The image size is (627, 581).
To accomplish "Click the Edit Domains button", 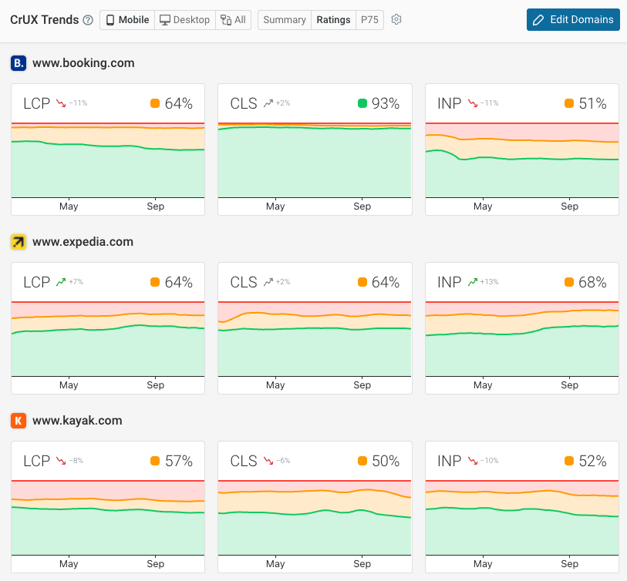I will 573,20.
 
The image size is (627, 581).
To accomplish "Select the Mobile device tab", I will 127,20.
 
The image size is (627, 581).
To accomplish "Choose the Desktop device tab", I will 184,20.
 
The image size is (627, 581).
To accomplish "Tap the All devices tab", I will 234,20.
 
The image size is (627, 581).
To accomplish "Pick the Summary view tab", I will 285,20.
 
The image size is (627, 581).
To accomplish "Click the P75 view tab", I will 370,20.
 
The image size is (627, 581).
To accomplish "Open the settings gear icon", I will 396,20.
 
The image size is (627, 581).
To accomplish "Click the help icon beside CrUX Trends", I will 88,20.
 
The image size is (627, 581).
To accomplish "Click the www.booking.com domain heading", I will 83,63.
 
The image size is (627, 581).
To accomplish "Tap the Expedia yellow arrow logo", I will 19,242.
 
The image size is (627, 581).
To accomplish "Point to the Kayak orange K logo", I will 19,421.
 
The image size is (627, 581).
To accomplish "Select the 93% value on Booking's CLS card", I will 386,103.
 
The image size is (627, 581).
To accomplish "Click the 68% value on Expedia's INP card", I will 592,282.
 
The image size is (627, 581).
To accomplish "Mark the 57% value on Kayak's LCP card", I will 178,461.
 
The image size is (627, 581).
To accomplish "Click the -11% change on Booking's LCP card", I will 78,103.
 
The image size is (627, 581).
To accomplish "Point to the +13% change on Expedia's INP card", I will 489,282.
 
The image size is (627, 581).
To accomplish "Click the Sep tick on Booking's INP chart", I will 569,207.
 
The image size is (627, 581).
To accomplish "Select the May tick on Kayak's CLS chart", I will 275,564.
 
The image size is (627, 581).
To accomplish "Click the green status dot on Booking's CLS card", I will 362,103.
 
